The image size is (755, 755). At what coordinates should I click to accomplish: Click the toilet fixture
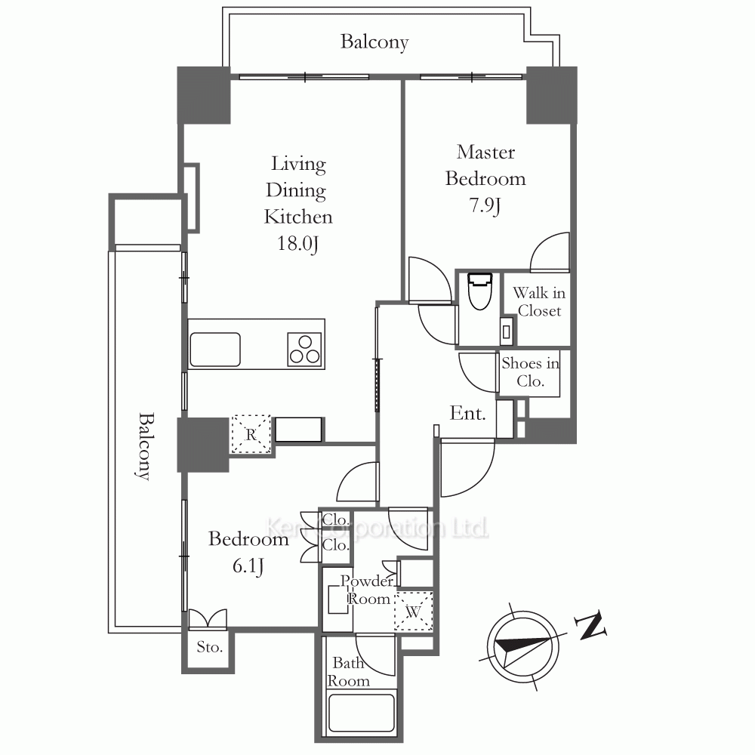480,291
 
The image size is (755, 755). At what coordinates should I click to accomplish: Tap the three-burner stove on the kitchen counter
305,349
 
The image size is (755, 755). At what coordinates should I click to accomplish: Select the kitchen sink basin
215,350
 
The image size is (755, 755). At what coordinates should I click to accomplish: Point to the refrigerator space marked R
251,434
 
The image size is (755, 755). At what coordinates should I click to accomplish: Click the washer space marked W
414,611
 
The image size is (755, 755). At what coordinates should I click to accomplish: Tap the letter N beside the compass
591,625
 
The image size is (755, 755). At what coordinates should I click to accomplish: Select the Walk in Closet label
539,302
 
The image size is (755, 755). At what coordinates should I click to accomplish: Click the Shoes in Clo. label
530,371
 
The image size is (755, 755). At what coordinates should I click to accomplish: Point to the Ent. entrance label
467,413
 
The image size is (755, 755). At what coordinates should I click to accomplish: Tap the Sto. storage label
209,647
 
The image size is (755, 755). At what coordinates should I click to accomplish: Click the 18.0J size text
297,244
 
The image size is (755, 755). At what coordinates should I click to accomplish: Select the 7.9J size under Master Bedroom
485,205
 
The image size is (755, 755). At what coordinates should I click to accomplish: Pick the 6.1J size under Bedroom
248,565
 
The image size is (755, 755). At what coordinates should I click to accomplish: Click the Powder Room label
368,590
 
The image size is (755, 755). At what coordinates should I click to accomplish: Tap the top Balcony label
374,42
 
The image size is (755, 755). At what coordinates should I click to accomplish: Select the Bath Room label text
349,672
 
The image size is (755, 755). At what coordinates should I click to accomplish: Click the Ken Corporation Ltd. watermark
377,528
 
